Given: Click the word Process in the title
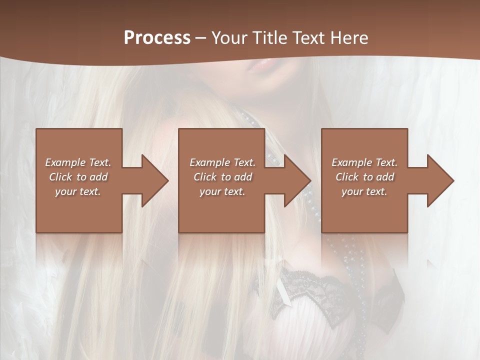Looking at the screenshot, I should click(157, 38).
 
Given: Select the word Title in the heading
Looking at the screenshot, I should click(269, 38).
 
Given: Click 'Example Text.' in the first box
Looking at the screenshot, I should click(78, 162).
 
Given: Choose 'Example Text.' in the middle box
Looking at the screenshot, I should click(222, 162).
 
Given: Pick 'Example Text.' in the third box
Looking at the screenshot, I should click(364, 162).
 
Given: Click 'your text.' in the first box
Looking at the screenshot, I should click(78, 191).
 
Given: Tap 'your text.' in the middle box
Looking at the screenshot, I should click(222, 191).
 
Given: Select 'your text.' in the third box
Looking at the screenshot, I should click(364, 191).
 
